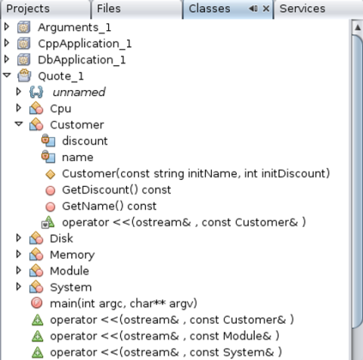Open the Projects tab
tap(28, 9)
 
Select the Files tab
tap(109, 8)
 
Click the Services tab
tap(302, 8)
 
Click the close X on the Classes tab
tap(266, 9)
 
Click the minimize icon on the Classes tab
tap(253, 9)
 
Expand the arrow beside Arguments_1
tap(7, 26)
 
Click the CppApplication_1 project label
tap(85, 44)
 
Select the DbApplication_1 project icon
tap(23, 60)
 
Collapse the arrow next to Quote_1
tap(7, 75)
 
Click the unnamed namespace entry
tap(79, 92)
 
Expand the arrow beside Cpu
tap(18, 108)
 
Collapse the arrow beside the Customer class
tap(19, 124)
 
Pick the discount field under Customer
tap(85, 141)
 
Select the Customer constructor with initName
tap(196, 174)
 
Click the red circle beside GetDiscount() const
tap(51, 191)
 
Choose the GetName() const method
tap(109, 206)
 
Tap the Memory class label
tap(72, 255)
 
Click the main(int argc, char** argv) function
tap(123, 303)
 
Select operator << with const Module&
tap(165, 336)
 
